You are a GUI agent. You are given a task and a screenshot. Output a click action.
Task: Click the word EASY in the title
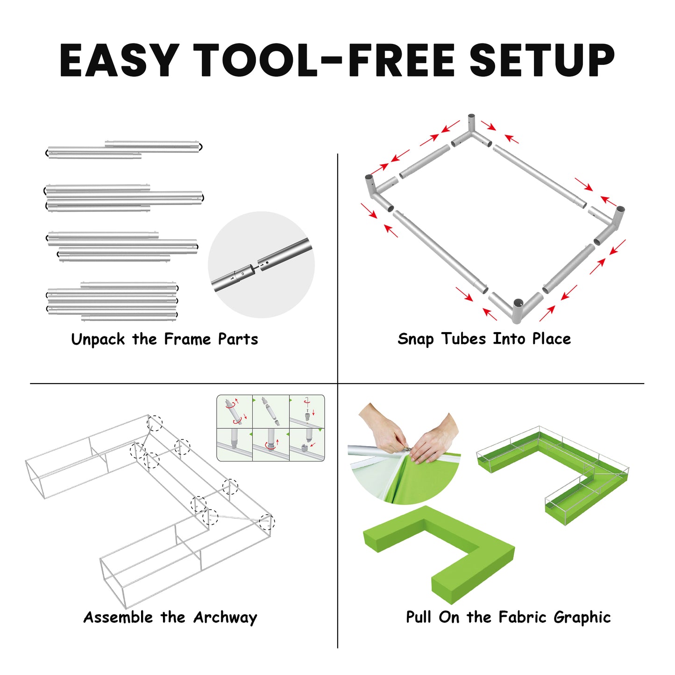click(120, 60)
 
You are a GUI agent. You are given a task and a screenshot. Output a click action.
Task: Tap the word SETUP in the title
click(541, 60)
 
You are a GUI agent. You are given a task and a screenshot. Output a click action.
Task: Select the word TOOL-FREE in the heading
click(324, 60)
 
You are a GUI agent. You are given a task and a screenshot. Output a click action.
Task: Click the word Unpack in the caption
click(98, 340)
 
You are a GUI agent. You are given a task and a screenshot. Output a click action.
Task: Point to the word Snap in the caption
click(415, 340)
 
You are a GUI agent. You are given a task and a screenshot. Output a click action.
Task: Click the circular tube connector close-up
click(261, 265)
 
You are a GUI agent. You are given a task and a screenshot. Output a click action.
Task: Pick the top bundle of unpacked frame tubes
click(125, 150)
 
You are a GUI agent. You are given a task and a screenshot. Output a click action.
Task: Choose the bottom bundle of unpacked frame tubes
click(112, 302)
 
